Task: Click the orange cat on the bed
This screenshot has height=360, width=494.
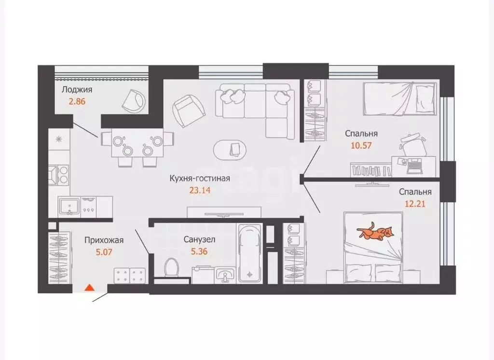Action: point(375,232)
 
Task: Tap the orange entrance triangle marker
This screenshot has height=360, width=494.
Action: point(90,287)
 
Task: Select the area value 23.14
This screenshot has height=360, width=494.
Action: point(199,191)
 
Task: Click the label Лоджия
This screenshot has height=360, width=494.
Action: point(77,90)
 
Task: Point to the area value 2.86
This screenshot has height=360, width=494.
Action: point(77,101)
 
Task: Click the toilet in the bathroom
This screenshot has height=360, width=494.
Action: point(172,267)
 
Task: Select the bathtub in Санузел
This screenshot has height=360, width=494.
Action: point(250,253)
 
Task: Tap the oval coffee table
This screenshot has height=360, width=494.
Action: point(230,149)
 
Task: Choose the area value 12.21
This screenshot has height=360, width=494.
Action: point(415,204)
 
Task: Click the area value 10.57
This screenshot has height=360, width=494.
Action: point(361,145)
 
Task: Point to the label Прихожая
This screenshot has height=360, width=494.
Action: point(104,240)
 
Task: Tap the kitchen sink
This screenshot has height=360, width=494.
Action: point(69,207)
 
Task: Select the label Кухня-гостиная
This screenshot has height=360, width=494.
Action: point(200,179)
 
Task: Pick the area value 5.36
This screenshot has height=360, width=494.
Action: point(199,251)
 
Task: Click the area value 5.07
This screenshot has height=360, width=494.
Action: point(104,252)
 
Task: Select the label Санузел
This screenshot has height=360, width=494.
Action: point(199,239)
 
